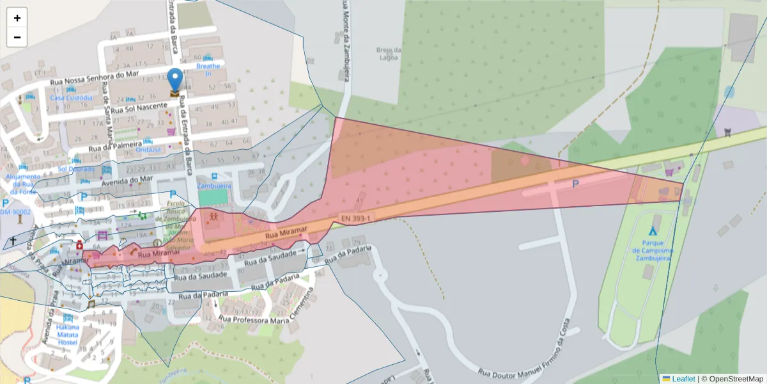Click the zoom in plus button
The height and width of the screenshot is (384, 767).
17,18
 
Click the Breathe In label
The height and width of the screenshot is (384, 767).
208,70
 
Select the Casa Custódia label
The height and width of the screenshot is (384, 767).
71,98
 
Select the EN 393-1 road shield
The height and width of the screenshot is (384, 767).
356,218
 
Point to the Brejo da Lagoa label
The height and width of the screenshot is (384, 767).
388,53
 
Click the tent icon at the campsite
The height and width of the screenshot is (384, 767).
653,230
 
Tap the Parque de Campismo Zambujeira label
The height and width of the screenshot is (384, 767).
652,251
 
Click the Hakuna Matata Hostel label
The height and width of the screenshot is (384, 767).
67,335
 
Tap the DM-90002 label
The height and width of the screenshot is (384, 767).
15,212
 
